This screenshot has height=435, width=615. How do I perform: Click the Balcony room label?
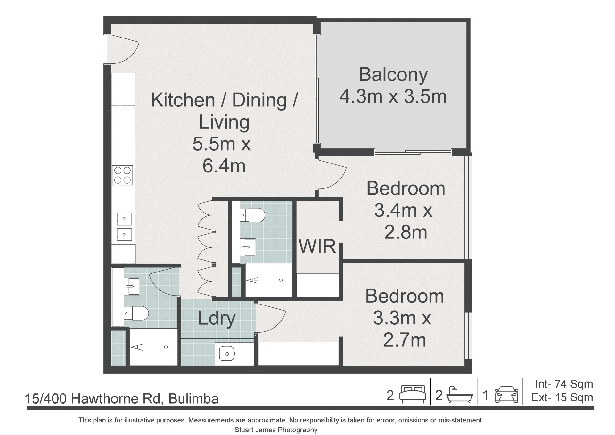pyautogui.click(x=393, y=75)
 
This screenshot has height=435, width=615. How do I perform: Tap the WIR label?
pyautogui.click(x=317, y=246)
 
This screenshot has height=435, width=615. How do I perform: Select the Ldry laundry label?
pyautogui.click(x=217, y=318)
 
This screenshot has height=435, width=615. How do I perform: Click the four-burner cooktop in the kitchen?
pyautogui.click(x=123, y=175)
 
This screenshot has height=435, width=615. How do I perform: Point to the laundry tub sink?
pyautogui.click(x=227, y=354)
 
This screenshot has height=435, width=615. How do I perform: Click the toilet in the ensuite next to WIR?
pyautogui.click(x=252, y=215)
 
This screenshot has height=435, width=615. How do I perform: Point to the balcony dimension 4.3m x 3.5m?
pyautogui.click(x=393, y=96)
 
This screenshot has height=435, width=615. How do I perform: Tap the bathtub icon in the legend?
pyautogui.click(x=460, y=395)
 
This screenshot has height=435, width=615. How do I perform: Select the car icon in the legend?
pyautogui.click(x=506, y=395)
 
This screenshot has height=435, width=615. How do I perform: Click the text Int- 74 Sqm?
pyautogui.click(x=564, y=384)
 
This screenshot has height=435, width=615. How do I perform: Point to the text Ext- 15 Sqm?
pyautogui.click(x=562, y=397)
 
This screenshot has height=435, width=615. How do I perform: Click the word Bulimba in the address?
pyautogui.click(x=193, y=399)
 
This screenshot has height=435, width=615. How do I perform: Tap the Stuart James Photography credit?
pyautogui.click(x=276, y=430)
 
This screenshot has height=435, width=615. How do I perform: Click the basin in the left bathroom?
pyautogui.click(x=132, y=286)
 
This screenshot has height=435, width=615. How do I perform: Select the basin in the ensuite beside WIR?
pyautogui.click(x=248, y=247)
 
